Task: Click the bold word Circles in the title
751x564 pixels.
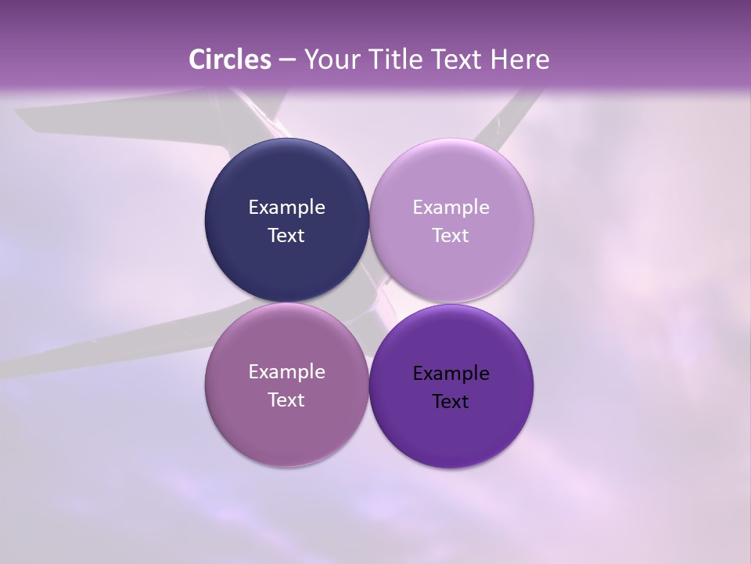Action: [230, 60]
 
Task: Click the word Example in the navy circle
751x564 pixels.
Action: [286, 207]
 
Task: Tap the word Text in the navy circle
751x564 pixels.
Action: [286, 235]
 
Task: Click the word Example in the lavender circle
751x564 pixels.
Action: [451, 207]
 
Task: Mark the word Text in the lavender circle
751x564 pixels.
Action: [451, 235]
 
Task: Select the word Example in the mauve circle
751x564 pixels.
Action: [286, 371]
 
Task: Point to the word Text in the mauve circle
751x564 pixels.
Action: [286, 399]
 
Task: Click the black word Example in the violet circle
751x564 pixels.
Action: [451, 373]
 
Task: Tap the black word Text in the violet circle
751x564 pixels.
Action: [451, 401]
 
